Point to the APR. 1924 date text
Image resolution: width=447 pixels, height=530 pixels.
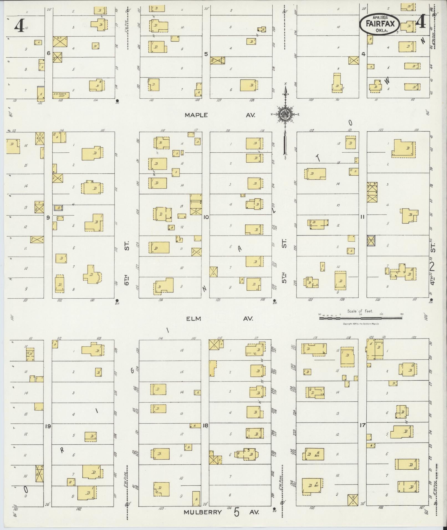tap(380, 17)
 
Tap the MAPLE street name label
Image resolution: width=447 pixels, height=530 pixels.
tap(196, 115)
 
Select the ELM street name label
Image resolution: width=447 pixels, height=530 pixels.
tap(193, 319)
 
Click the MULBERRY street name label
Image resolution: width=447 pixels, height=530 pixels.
tap(203, 512)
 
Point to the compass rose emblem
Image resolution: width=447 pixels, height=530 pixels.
tap(285, 114)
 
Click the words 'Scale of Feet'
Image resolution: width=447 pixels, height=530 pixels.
tap(360, 311)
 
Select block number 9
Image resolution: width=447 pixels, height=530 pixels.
tap(48, 217)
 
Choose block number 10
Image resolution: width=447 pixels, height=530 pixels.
tap(206, 217)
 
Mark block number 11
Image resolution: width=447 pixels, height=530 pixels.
tap(362, 217)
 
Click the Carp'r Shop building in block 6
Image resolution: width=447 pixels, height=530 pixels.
tap(61, 95)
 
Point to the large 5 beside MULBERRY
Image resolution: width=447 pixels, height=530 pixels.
tap(236, 512)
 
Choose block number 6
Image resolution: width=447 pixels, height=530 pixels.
tap(48, 53)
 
